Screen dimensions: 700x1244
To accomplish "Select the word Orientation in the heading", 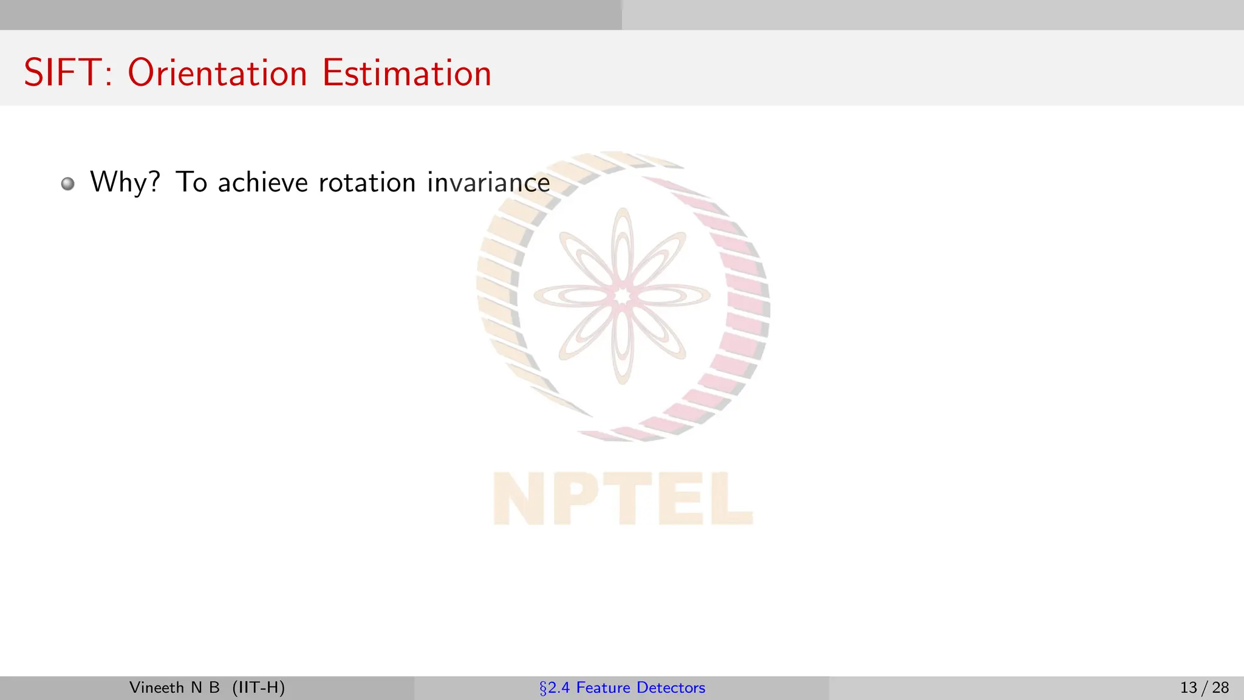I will pyautogui.click(x=217, y=73).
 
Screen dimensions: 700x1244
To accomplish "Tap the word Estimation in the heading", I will pyautogui.click(x=406, y=73).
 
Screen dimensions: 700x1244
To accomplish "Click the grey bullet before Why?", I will pyautogui.click(x=68, y=184).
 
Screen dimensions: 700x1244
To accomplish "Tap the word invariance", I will pyautogui.click(x=488, y=182).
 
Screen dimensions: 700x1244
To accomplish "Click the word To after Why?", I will pyautogui.click(x=191, y=182).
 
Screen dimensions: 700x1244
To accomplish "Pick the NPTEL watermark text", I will pyautogui.click(x=623, y=499).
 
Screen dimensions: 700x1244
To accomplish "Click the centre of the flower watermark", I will pyautogui.click(x=622, y=297).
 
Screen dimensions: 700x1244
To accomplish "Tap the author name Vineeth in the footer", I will pyautogui.click(x=157, y=688).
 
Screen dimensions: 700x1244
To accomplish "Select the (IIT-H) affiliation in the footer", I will pyautogui.click(x=259, y=688).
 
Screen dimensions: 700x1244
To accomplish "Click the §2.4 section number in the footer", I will pyautogui.click(x=555, y=688).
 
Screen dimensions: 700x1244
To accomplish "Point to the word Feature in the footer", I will pyautogui.click(x=603, y=688).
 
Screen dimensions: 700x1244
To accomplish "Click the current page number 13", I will pyautogui.click(x=1189, y=688).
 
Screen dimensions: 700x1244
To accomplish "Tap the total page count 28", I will pyautogui.click(x=1220, y=688).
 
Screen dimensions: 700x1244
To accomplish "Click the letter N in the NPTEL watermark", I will pyautogui.click(x=520, y=499).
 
